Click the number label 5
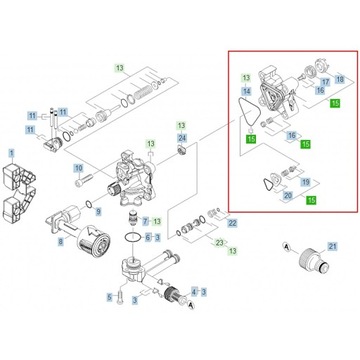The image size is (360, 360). click(109, 298)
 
